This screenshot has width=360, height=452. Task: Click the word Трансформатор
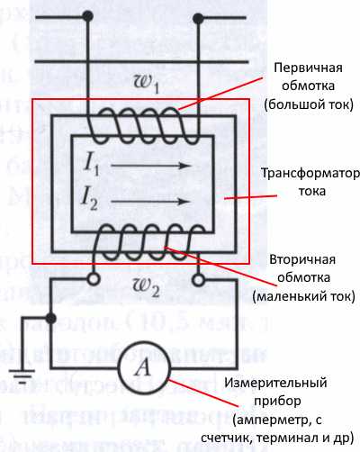pos(305,173)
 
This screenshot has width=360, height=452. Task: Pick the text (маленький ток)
pos(303,295)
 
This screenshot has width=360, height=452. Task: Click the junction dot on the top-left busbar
pos(88,15)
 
